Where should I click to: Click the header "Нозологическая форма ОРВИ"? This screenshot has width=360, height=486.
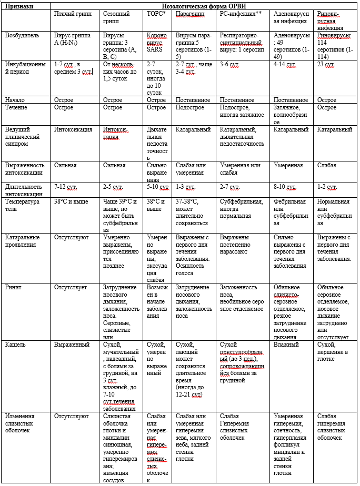pos(204,5)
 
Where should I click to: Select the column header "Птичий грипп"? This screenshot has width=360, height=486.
pos(71,13)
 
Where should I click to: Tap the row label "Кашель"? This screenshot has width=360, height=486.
pos(15,345)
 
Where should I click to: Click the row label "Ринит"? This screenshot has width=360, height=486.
pos(13,288)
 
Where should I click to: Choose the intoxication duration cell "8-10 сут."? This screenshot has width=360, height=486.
pos(285,187)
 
